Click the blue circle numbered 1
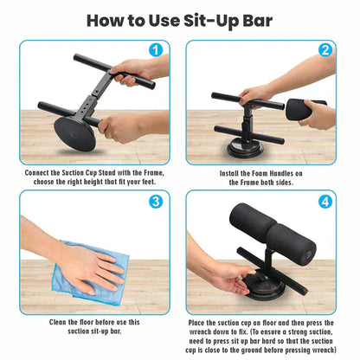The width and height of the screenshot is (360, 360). pos(156,49)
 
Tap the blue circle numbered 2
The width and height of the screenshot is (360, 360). pos(325,49)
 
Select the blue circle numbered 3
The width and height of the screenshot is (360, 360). pos(156,202)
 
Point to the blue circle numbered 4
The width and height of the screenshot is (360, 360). pos(325,202)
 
